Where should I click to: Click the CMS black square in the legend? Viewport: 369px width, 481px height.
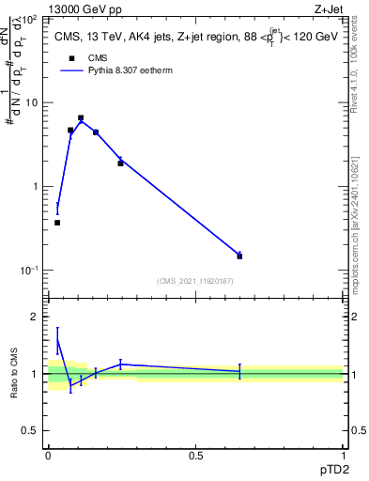[70, 57]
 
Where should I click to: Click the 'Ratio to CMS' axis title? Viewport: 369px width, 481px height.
[14, 373]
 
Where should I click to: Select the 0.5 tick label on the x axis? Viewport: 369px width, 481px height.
[195, 453]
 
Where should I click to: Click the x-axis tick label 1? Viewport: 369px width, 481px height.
[342, 453]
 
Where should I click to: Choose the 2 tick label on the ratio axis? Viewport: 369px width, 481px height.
[38, 317]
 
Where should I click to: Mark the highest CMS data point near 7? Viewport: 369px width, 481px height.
[81, 118]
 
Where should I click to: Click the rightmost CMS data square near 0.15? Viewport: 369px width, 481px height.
[239, 256]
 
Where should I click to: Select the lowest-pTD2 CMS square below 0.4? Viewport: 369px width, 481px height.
[57, 223]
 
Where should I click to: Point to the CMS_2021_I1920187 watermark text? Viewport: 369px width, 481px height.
[195, 281]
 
